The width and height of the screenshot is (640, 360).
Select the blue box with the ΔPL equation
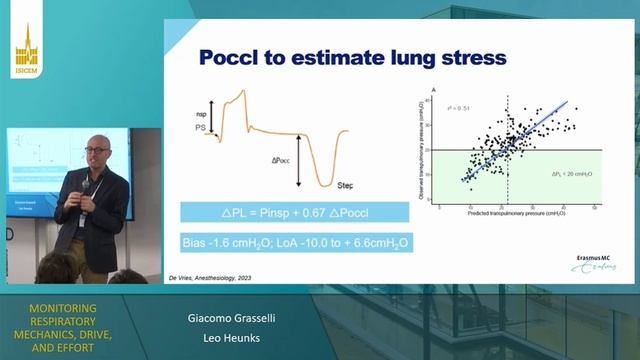tap(294, 212)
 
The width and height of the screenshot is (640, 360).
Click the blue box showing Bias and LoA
tap(294, 243)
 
